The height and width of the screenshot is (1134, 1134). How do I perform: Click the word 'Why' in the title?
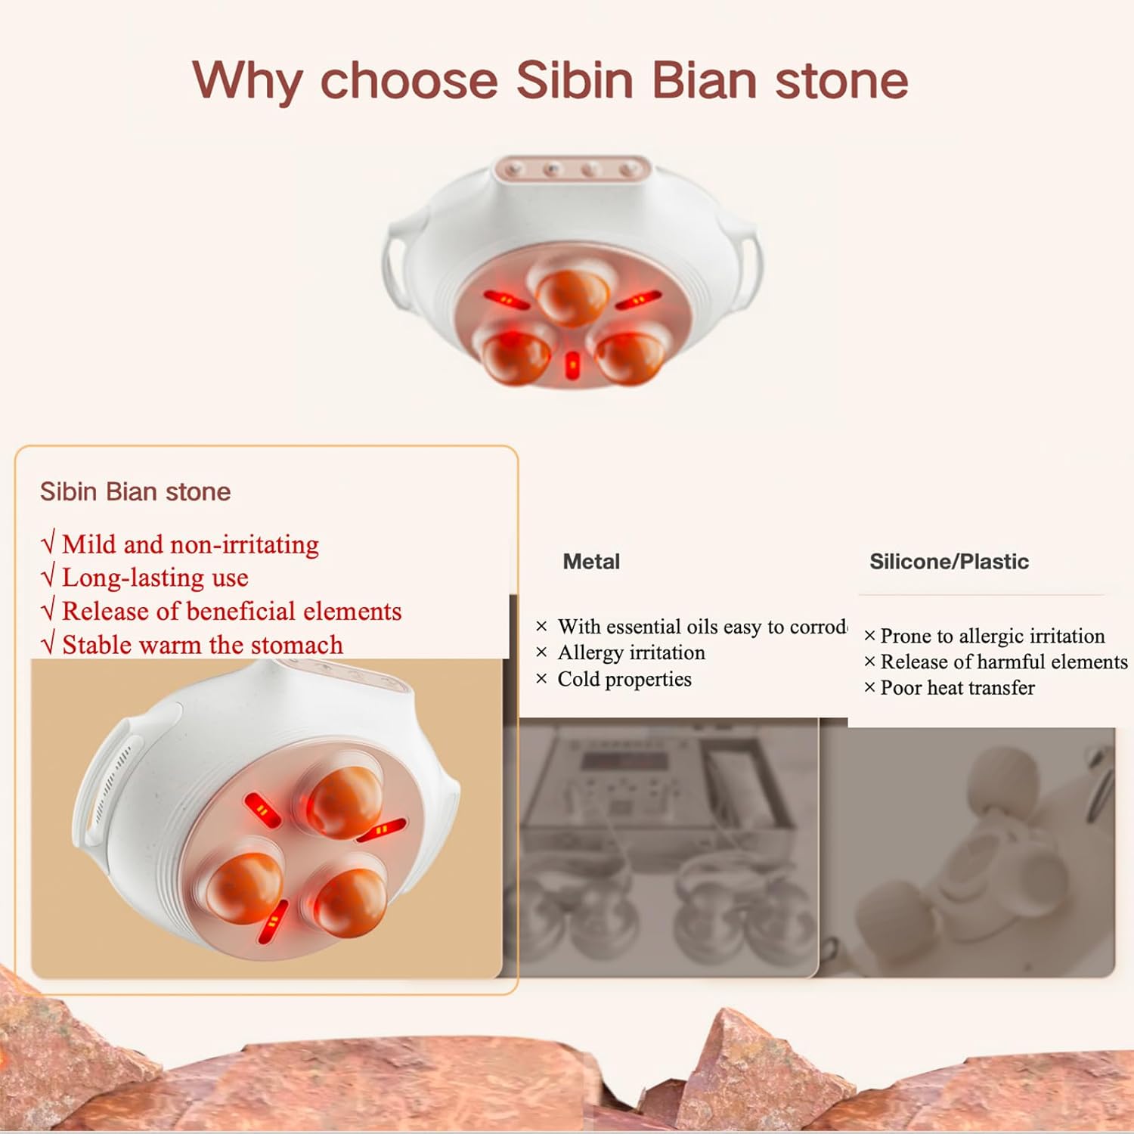[246, 80]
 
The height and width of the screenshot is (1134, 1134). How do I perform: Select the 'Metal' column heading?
[590, 562]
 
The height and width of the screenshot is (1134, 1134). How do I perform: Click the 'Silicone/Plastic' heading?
[949, 562]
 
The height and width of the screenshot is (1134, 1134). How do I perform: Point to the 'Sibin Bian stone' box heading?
[135, 492]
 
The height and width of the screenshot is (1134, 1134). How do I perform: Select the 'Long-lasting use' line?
[154, 578]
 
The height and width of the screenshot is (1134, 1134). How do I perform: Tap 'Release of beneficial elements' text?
[231, 611]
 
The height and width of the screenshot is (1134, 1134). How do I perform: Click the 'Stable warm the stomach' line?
[201, 645]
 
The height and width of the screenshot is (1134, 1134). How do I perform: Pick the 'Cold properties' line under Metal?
[624, 679]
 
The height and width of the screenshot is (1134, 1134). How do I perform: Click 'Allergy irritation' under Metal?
[631, 652]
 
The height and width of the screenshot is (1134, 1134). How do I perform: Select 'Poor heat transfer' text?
[956, 688]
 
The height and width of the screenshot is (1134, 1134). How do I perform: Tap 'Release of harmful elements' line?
[1002, 662]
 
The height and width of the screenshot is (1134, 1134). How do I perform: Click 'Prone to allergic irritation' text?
[991, 636]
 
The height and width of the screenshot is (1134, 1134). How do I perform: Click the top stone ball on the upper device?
[572, 295]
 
